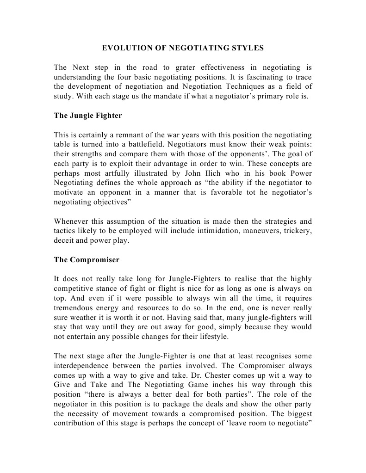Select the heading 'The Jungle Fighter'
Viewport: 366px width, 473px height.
click(x=88, y=116)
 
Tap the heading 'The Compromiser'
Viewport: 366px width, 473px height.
click(x=87, y=259)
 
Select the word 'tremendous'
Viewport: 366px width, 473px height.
click(x=74, y=307)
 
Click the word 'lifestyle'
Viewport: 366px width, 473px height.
click(x=211, y=336)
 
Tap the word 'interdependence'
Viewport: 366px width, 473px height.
click(x=81, y=365)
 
